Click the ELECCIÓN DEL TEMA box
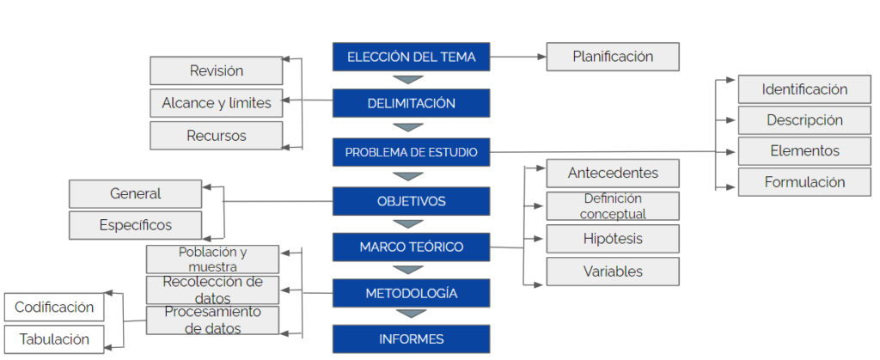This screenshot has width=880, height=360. pyautogui.click(x=411, y=58)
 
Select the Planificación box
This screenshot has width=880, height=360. pyautogui.click(x=613, y=57)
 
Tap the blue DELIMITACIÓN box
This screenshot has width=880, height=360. pyautogui.click(x=411, y=103)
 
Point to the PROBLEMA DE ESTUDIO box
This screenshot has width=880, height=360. pyautogui.click(x=411, y=152)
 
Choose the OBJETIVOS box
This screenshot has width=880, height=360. pyautogui.click(x=411, y=202)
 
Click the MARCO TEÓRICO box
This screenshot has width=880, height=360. pyautogui.click(x=411, y=247)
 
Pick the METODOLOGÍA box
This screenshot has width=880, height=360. pyautogui.click(x=411, y=293)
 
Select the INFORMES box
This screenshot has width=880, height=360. pyautogui.click(x=411, y=339)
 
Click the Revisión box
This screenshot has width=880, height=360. pyautogui.click(x=216, y=70)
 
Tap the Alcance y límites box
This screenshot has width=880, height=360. pyautogui.click(x=216, y=103)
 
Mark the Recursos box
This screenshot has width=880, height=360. pyautogui.click(x=216, y=136)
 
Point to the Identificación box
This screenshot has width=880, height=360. pyautogui.click(x=804, y=88)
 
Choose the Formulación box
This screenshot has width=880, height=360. pyautogui.click(x=804, y=182)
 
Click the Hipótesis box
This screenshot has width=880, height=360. pyautogui.click(x=613, y=238)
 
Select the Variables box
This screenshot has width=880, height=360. pyautogui.click(x=613, y=272)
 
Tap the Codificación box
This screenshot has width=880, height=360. pyautogui.click(x=54, y=307)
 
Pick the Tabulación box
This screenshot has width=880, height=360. pyautogui.click(x=54, y=339)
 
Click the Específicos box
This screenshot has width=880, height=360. pyautogui.click(x=135, y=225)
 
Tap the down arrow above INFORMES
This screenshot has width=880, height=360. pyautogui.click(x=411, y=314)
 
